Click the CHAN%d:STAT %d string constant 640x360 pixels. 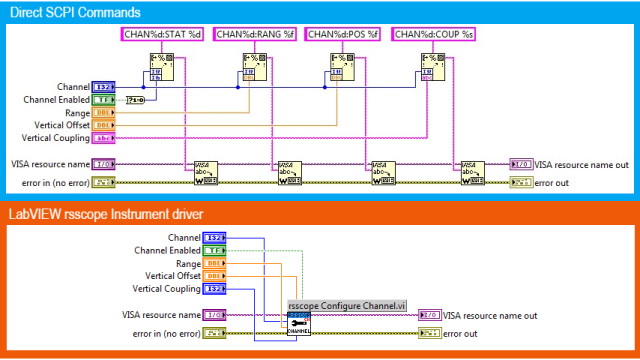point(163,35)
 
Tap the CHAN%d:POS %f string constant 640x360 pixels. point(341,35)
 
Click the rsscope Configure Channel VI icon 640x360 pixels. point(298,324)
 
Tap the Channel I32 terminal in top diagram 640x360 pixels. point(104,87)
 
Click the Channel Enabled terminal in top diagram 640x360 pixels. point(104,100)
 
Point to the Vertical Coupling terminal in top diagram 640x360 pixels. point(104,138)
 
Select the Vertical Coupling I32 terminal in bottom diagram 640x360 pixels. point(213,289)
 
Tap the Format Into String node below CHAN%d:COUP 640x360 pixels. point(431,72)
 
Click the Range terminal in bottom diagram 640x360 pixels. point(213,263)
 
